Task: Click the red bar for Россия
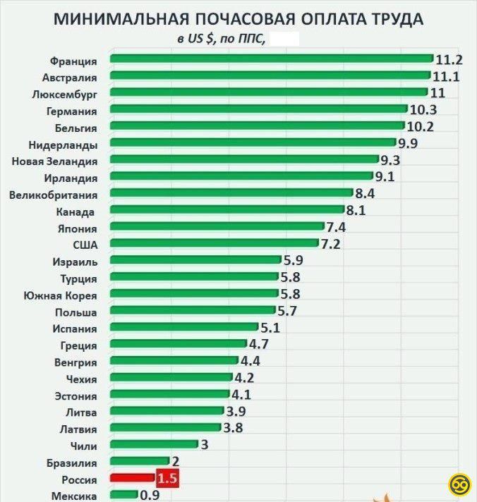click(x=132, y=479)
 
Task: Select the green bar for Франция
click(x=272, y=59)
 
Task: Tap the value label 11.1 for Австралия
click(x=446, y=76)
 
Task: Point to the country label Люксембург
click(x=65, y=94)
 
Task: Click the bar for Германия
click(x=259, y=109)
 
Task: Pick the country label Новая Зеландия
click(x=54, y=161)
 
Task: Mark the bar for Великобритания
click(x=231, y=193)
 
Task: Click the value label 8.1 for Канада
click(x=356, y=210)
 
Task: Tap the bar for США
click(x=215, y=244)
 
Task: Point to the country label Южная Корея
click(x=60, y=295)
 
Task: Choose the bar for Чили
click(x=154, y=444)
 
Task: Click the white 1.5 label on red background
click(x=167, y=479)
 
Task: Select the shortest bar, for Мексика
click(x=124, y=496)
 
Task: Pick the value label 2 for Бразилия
click(x=175, y=462)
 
